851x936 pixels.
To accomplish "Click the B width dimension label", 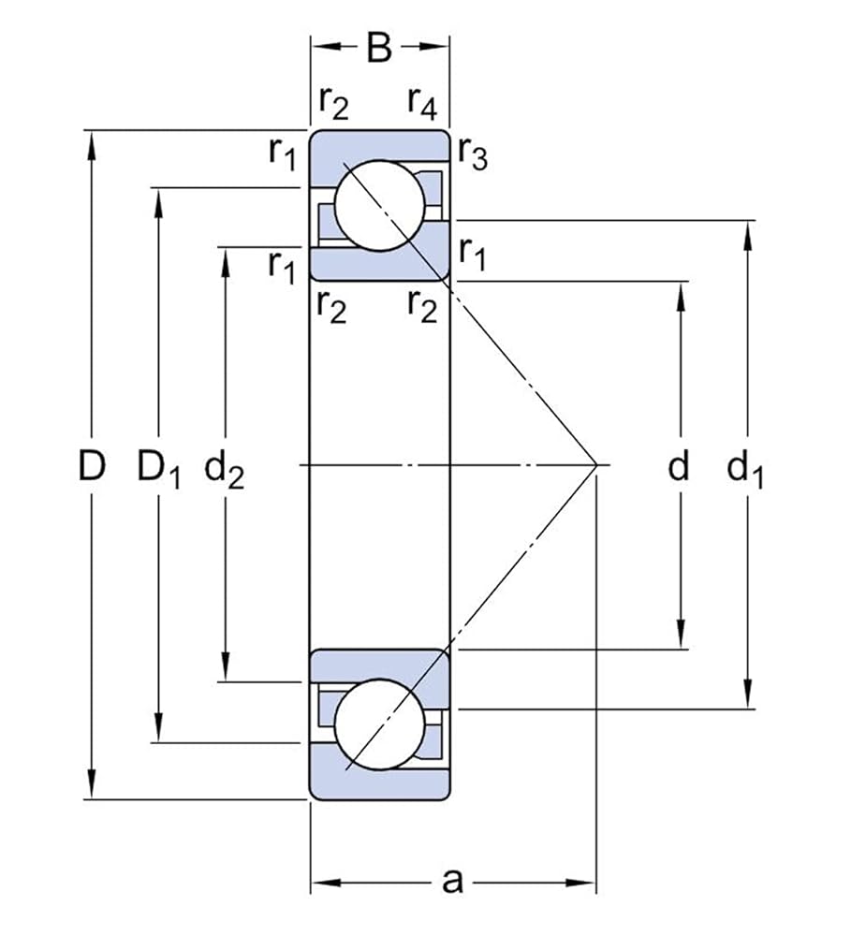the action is pyautogui.click(x=379, y=47).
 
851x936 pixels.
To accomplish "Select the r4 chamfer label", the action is pyautogui.click(x=422, y=103).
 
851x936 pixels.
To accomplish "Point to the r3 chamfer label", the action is pyautogui.click(x=473, y=154).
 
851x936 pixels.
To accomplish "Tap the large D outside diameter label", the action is pyautogui.click(x=92, y=465).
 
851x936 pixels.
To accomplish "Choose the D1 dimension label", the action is pyautogui.click(x=159, y=469).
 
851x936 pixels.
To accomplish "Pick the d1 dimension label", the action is pyautogui.click(x=744, y=469).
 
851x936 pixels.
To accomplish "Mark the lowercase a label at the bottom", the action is pyautogui.click(x=453, y=881).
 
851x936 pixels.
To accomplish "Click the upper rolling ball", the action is pyautogui.click(x=380, y=205).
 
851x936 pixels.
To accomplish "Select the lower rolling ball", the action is pyautogui.click(x=380, y=724).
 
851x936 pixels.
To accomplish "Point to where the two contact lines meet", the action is pyautogui.click(x=596, y=464).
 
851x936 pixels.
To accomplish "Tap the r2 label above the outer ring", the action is pyautogui.click(x=333, y=103).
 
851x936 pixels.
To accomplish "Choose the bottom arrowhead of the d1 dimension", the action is pyautogui.click(x=747, y=695).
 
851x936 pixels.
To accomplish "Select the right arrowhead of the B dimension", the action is pyautogui.click(x=433, y=47).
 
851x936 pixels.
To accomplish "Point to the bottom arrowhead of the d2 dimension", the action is pyautogui.click(x=225, y=666).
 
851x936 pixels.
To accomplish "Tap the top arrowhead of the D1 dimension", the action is pyautogui.click(x=158, y=203).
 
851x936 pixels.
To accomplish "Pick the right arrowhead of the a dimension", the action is pyautogui.click(x=581, y=883).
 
